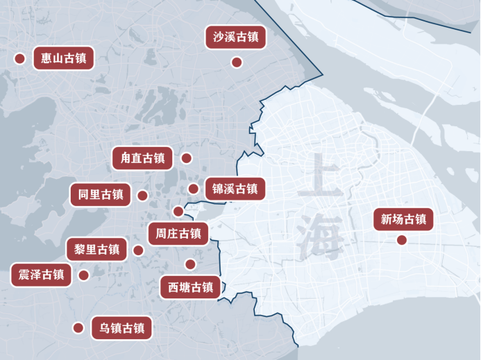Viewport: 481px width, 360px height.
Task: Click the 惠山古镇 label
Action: [64, 58]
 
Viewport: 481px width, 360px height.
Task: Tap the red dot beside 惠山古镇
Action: [19, 58]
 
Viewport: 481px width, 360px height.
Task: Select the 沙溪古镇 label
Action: [236, 37]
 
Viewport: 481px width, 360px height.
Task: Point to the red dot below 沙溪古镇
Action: [236, 62]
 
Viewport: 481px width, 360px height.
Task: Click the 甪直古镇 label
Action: [142, 158]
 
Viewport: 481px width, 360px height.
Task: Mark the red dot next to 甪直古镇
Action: [186, 158]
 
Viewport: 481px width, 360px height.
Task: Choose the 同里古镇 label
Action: [100, 195]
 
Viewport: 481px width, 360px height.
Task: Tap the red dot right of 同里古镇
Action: [142, 196]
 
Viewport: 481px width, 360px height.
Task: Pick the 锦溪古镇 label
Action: [235, 188]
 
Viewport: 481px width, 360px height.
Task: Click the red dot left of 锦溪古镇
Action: [194, 189]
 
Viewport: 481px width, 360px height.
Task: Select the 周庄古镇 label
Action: [178, 234]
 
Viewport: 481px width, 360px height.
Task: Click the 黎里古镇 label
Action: [96, 249]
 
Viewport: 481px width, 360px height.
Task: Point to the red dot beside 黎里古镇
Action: [138, 250]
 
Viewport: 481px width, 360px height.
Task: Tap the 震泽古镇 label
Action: [42, 275]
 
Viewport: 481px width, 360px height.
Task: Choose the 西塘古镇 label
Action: [190, 287]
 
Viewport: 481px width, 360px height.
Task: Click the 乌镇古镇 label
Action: [122, 328]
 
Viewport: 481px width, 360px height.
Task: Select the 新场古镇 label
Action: [403, 220]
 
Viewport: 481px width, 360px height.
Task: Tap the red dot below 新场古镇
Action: [401, 241]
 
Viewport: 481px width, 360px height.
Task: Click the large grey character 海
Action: [321, 236]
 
